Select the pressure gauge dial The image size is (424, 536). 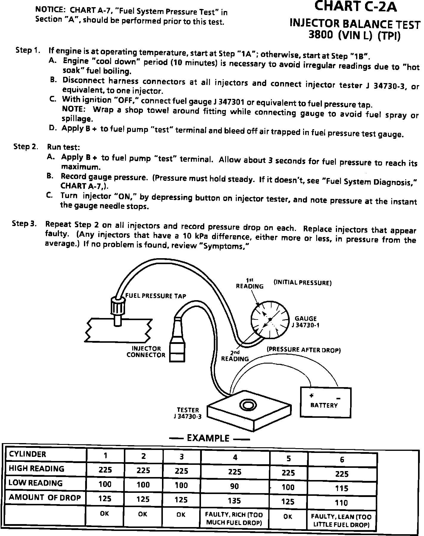point(270,319)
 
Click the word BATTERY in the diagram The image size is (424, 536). point(324,405)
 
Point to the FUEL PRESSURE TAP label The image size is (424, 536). point(156,296)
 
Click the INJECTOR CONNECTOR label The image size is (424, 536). point(146,352)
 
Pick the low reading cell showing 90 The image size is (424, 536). point(235,486)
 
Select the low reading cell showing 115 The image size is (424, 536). point(342,488)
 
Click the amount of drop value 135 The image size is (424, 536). point(235,501)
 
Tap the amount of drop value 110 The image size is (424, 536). point(341,503)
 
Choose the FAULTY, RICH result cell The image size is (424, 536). point(234,518)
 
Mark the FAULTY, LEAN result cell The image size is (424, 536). point(341,521)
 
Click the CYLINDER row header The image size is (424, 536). point(28,454)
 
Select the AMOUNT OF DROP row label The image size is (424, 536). point(45,498)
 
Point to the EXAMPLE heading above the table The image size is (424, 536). point(208,438)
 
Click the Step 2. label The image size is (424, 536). point(26,147)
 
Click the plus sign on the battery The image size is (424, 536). point(311,396)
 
